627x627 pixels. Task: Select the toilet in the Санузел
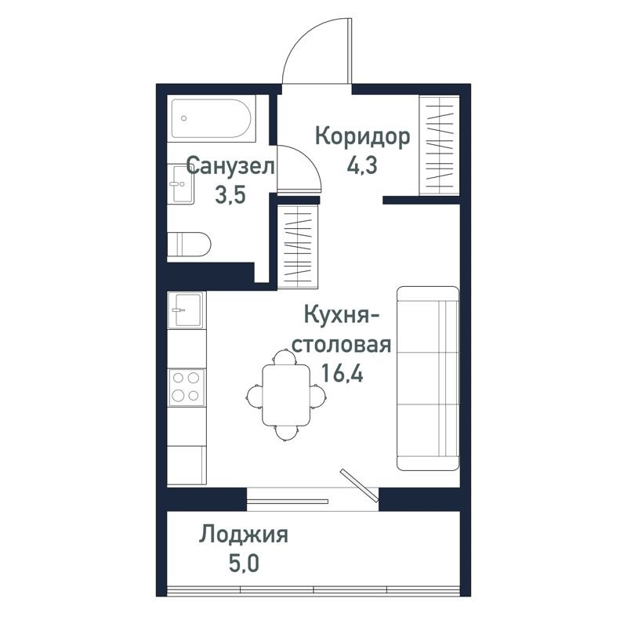click(190, 244)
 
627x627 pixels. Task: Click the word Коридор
click(362, 137)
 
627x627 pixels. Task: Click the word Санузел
click(230, 166)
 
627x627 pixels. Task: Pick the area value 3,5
click(230, 195)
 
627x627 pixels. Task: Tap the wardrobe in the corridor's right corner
click(438, 143)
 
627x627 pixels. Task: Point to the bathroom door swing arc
click(303, 166)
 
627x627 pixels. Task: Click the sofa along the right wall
click(428, 378)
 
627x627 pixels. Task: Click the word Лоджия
click(244, 535)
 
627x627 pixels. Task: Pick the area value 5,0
click(244, 564)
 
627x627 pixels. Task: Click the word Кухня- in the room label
click(342, 315)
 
